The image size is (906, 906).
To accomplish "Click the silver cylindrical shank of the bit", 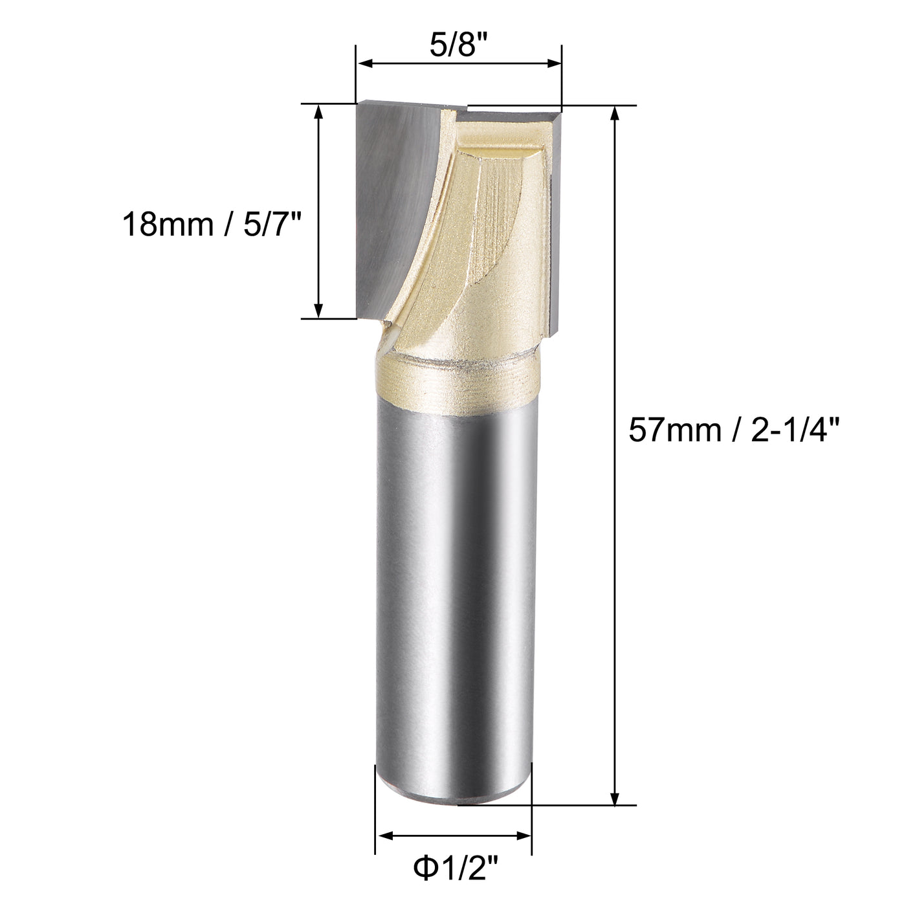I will click(x=456, y=582).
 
